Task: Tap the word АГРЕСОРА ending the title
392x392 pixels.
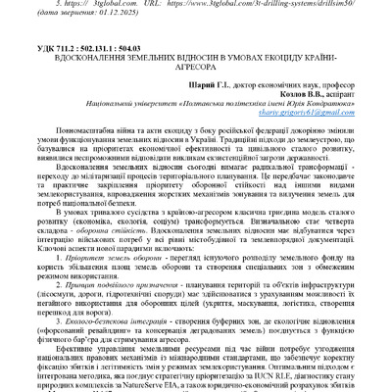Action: click(196, 71)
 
